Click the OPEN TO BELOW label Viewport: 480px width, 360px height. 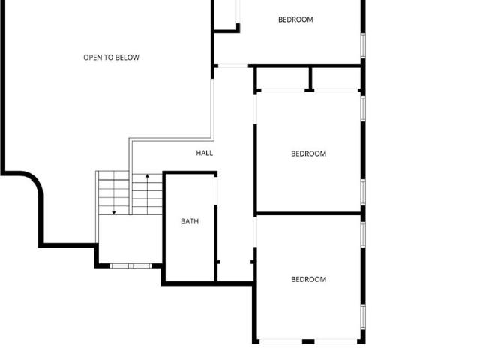[111, 58]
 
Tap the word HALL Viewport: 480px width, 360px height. [205, 153]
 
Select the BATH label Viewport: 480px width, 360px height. [190, 221]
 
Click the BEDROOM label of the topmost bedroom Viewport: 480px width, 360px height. [295, 19]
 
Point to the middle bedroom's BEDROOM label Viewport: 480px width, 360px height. [308, 154]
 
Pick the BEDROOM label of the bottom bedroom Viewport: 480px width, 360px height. [308, 279]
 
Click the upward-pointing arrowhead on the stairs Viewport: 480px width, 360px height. [147, 176]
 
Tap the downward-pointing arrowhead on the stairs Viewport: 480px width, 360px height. [114, 212]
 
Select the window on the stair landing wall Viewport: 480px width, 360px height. [130, 265]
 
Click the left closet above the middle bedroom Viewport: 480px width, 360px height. [283, 78]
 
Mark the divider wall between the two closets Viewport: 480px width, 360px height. [310, 79]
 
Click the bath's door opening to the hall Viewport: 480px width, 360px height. [216, 190]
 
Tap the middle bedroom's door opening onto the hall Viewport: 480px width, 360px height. [255, 109]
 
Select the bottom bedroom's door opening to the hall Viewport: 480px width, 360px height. [255, 232]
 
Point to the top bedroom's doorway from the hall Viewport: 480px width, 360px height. [233, 65]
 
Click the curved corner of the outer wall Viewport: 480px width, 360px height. [34, 181]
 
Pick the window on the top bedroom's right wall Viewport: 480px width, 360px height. [363, 46]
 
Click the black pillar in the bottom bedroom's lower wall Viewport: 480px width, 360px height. [308, 341]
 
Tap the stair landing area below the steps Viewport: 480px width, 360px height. [130, 238]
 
